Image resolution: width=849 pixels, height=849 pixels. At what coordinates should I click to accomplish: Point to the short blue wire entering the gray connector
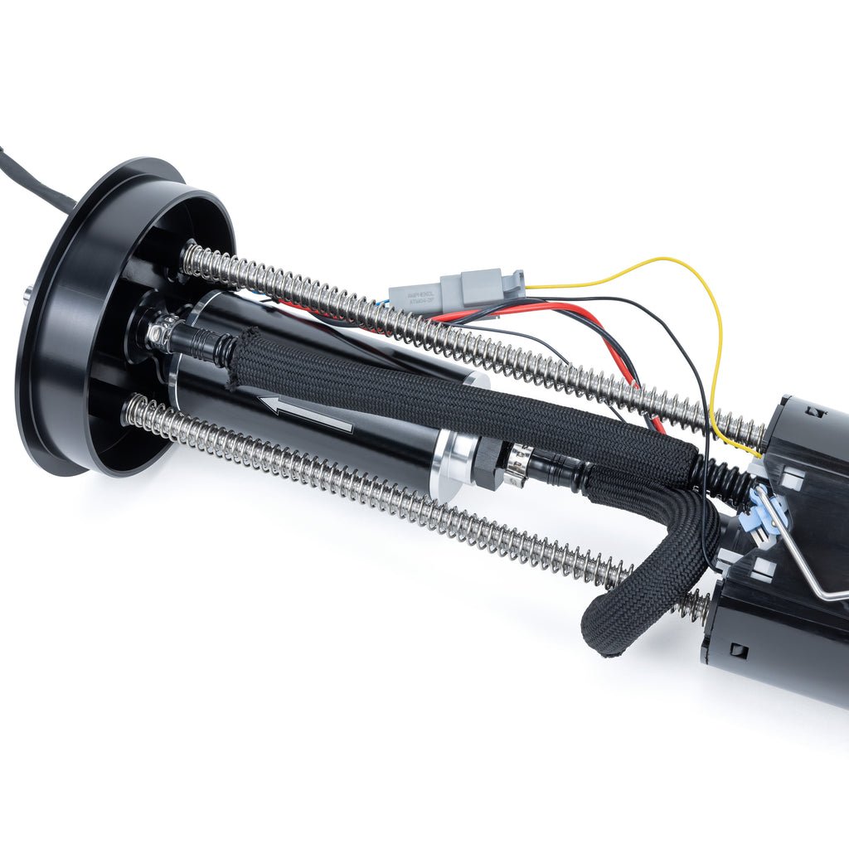(x=383, y=303)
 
